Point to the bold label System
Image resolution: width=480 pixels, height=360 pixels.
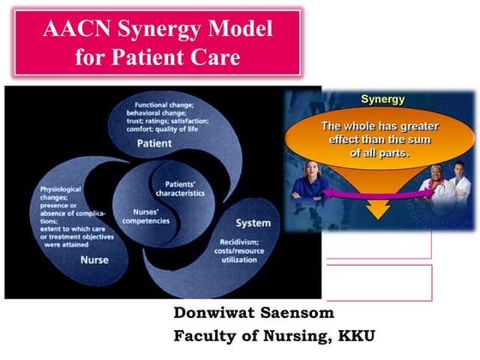253,224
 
